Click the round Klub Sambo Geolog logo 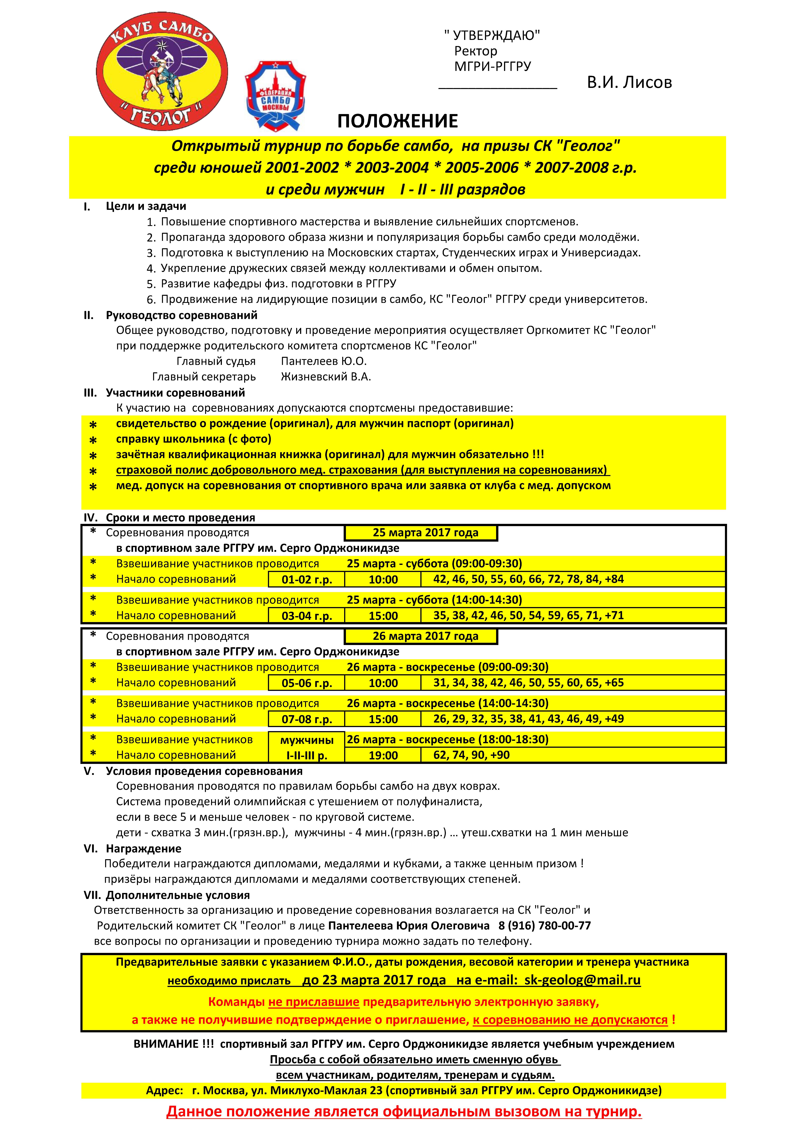[x=162, y=74]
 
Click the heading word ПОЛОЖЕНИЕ [x=398, y=121]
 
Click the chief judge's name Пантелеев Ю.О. [x=324, y=361]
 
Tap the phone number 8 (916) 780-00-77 [x=545, y=926]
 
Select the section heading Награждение [x=144, y=849]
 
